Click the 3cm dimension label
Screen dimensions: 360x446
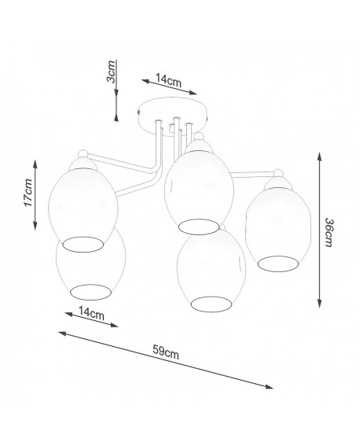pyautogui.click(x=112, y=72)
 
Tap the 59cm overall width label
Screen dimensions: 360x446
pyautogui.click(x=166, y=352)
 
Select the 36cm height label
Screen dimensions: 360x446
pyautogui.click(x=329, y=232)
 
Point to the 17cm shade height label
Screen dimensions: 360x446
pyautogui.click(x=28, y=193)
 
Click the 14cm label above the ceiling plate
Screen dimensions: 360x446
pyautogui.click(x=168, y=80)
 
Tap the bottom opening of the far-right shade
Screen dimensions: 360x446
pyautogui.click(x=278, y=264)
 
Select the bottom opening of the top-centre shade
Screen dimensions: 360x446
pyautogui.click(x=199, y=227)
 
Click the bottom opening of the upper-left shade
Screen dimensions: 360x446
pyautogui.click(x=83, y=245)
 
